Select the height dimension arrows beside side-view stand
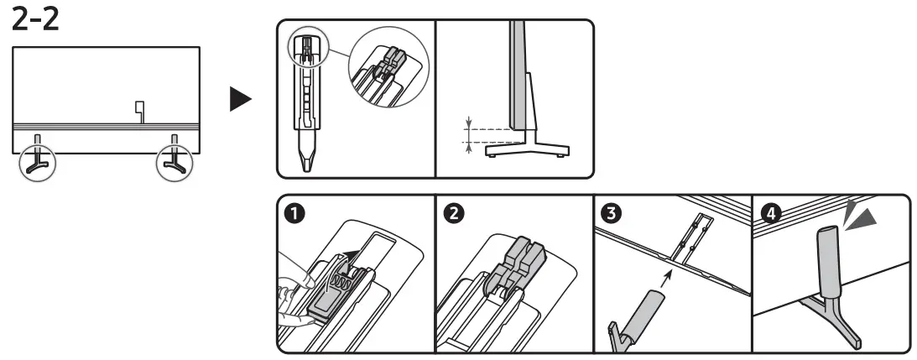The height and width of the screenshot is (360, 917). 471,134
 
